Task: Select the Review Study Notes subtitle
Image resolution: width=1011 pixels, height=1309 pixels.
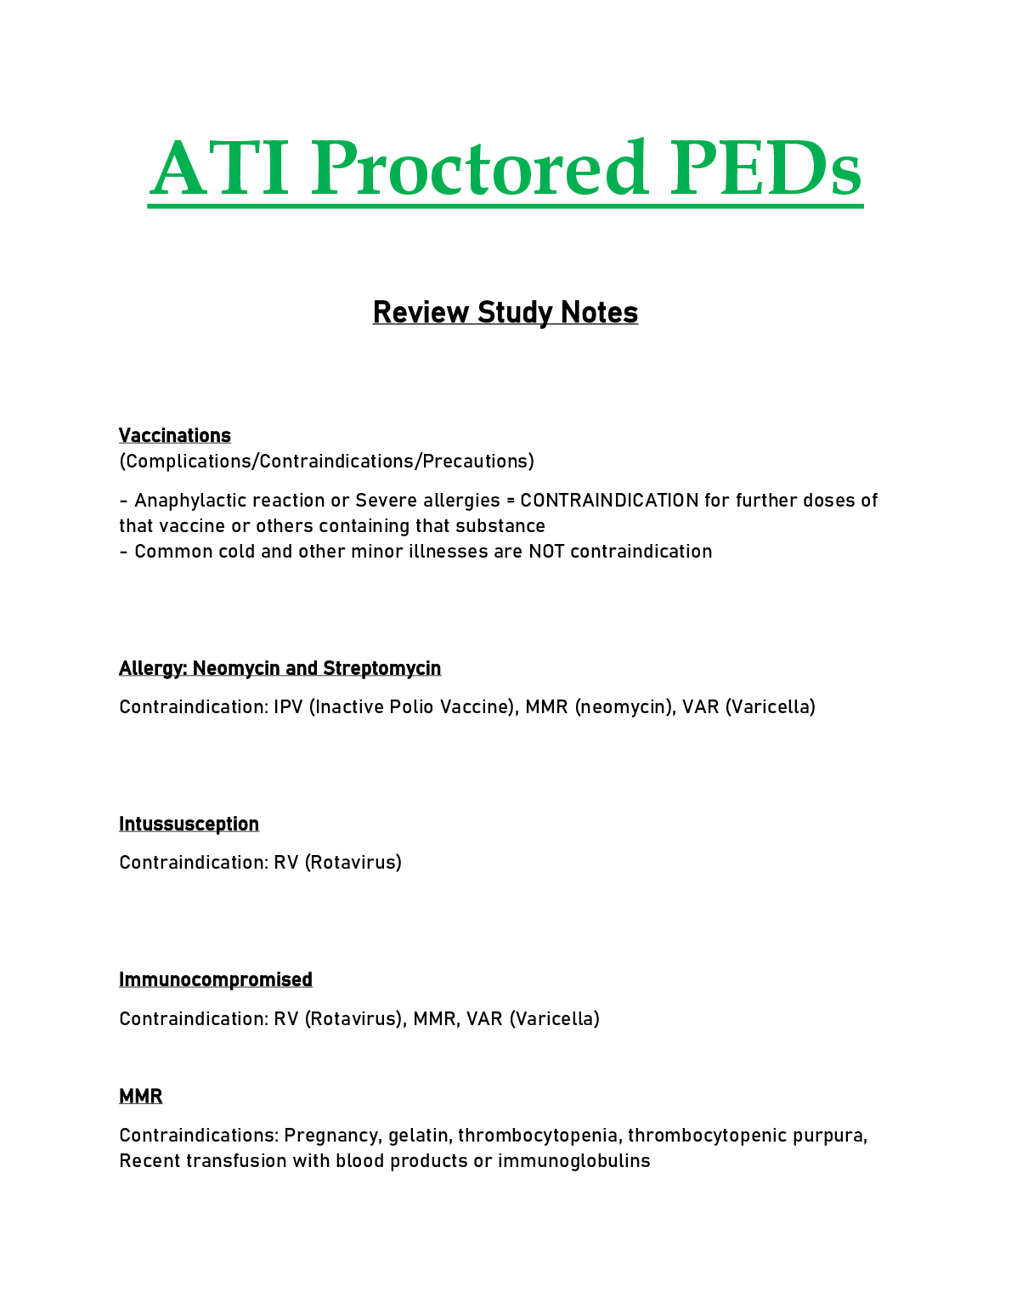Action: coord(505,313)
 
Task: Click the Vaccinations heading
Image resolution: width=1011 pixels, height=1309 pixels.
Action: coord(174,436)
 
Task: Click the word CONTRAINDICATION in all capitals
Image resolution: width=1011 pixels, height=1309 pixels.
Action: coord(608,501)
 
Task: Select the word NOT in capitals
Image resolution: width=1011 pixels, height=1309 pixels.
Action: coord(546,552)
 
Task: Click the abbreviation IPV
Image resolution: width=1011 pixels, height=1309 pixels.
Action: coord(288,707)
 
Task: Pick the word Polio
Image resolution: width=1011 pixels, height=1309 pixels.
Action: coord(411,707)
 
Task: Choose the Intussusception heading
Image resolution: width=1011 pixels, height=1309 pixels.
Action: coord(189,824)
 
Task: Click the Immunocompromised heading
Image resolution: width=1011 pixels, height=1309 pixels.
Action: coord(215,980)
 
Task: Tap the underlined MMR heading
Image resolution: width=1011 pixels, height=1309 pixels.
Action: coord(140,1096)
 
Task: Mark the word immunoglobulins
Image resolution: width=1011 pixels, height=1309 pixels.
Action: coord(573,1161)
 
